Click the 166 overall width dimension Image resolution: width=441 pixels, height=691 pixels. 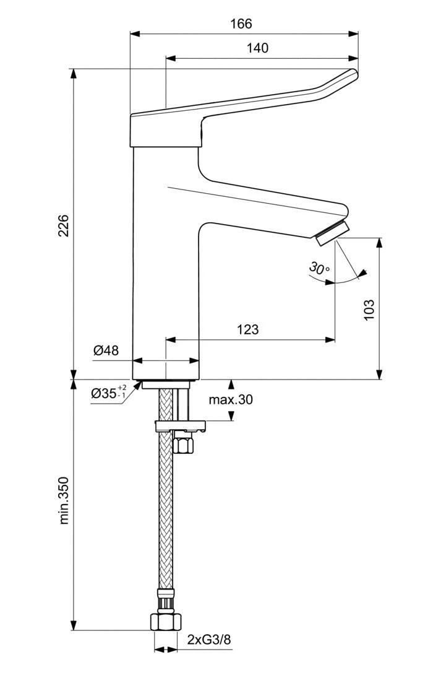click(x=241, y=24)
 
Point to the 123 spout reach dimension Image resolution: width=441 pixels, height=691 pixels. click(x=247, y=329)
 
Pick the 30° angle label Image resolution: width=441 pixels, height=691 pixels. click(x=319, y=269)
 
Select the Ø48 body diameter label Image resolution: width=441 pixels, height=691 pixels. click(x=106, y=350)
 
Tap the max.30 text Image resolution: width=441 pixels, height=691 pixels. click(x=231, y=400)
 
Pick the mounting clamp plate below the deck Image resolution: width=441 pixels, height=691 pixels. click(x=179, y=425)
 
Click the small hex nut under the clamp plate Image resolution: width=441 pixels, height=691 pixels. click(x=184, y=443)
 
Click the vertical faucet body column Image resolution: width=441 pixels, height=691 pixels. click(x=166, y=266)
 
